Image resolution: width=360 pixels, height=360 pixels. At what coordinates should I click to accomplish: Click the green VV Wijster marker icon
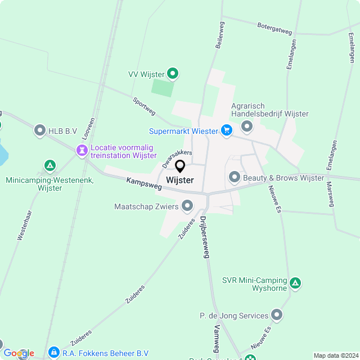[173, 73]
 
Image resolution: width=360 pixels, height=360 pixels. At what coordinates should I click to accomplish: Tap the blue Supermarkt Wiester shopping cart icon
[227, 131]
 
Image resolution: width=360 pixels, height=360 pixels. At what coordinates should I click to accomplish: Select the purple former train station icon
[82, 150]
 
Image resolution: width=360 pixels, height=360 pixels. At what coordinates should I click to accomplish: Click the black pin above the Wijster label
[180, 166]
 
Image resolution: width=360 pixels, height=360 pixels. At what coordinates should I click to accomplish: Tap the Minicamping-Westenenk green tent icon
[50, 166]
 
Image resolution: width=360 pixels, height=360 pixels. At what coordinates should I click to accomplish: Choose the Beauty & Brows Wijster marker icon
[235, 178]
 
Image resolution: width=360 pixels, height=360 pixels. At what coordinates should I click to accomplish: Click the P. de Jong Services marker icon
[276, 316]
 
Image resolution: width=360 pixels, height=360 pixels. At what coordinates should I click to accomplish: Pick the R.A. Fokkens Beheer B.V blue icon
[53, 353]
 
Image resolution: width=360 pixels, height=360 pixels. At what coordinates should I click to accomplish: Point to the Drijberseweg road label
[204, 237]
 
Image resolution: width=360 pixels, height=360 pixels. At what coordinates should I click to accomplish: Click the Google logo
[19, 353]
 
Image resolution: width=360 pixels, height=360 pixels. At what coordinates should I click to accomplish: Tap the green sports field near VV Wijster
[163, 88]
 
